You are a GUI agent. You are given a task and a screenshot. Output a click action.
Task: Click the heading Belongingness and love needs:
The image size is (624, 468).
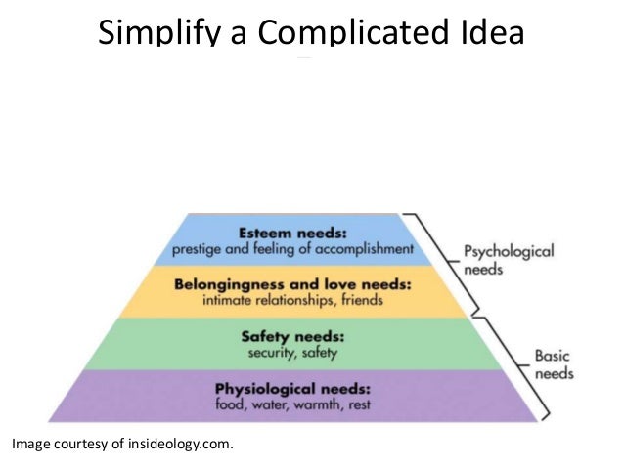point(306,285)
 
